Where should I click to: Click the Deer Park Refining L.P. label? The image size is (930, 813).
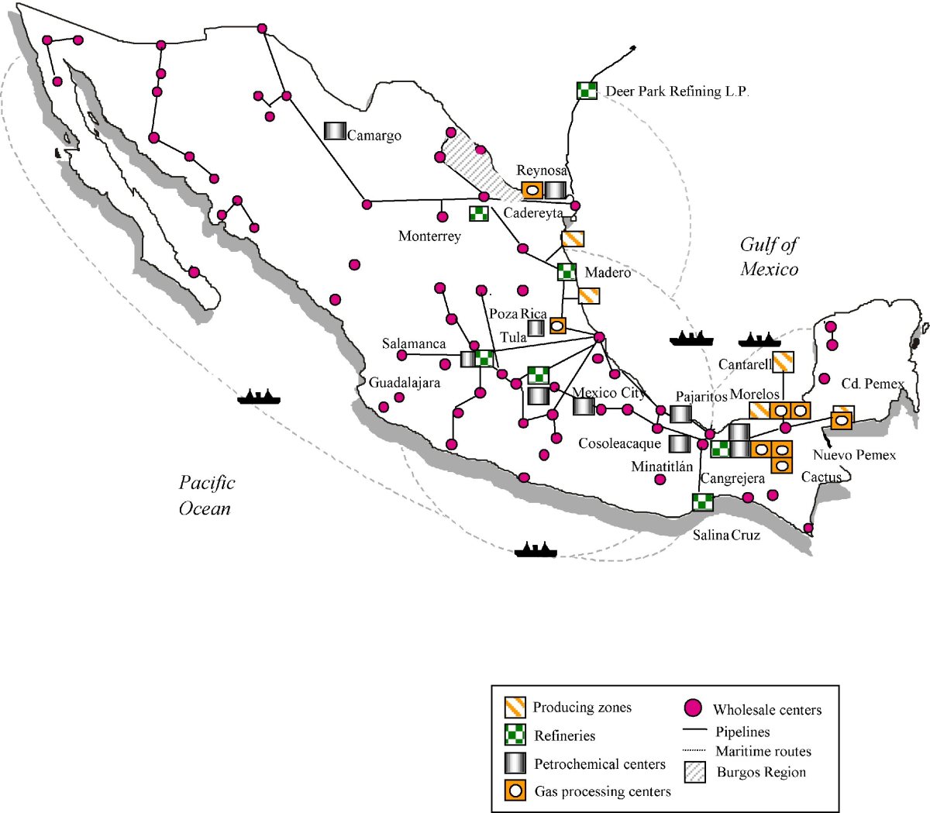point(677,91)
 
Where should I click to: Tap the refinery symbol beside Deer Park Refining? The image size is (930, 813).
point(587,91)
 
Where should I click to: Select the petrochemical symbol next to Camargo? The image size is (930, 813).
point(335,131)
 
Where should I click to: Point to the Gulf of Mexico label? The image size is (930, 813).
point(769,257)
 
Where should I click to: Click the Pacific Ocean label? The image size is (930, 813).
point(205,495)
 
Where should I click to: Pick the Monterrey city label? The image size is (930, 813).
point(429,236)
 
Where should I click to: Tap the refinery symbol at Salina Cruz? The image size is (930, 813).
point(702,502)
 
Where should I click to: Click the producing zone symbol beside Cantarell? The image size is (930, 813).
point(784,361)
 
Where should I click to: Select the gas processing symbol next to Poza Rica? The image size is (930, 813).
point(557,326)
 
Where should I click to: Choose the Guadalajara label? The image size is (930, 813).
point(404,383)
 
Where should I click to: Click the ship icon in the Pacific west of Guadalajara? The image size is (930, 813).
point(259,397)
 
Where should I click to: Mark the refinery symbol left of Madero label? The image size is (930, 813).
point(567,272)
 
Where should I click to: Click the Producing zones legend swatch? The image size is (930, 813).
point(515,707)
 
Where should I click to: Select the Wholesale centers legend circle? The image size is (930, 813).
point(694,708)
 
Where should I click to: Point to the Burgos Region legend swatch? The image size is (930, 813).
point(695,773)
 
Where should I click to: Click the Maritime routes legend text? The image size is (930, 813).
point(763,751)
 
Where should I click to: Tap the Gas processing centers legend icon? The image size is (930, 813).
point(515,791)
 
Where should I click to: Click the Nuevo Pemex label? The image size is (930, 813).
point(854,455)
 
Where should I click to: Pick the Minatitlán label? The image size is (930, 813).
point(662,467)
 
